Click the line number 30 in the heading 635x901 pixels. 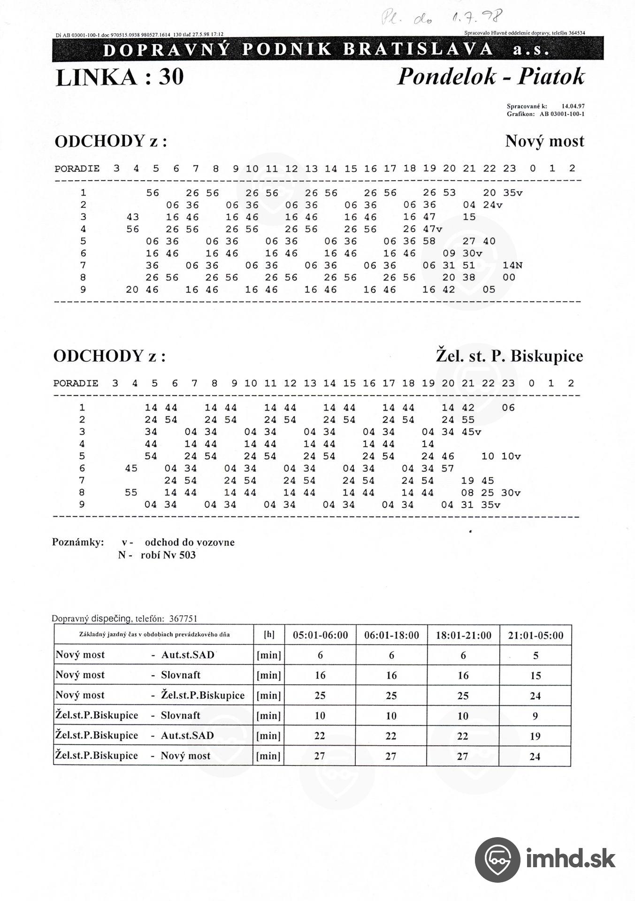coord(171,77)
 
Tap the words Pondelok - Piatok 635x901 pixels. coord(491,76)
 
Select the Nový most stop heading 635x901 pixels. coord(544,141)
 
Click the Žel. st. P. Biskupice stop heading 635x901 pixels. coord(509,356)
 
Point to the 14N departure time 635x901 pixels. coord(513,266)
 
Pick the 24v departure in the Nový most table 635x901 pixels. coord(493,205)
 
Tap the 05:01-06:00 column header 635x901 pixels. coord(321,635)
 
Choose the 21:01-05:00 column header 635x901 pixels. coord(536,635)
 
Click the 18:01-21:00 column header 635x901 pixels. coord(464,635)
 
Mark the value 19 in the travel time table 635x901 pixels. coord(535,736)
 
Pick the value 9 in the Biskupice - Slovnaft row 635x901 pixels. coord(536,716)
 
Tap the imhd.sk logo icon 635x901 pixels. coord(497,860)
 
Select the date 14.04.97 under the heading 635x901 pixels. coord(573,107)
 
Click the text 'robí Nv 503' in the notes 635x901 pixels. coord(168,555)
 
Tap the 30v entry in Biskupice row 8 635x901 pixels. coord(511,493)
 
